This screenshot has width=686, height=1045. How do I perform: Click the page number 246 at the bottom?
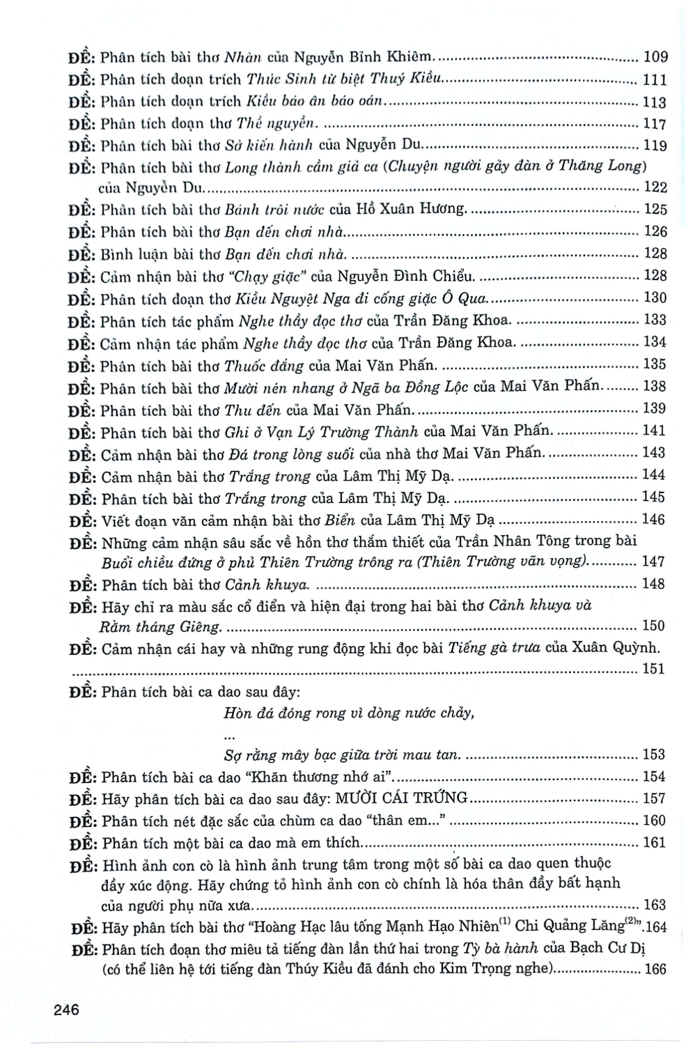(64, 1009)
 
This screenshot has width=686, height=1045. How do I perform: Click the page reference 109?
(655, 58)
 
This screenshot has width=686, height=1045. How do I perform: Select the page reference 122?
(655, 187)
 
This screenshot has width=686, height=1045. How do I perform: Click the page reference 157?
(655, 798)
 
